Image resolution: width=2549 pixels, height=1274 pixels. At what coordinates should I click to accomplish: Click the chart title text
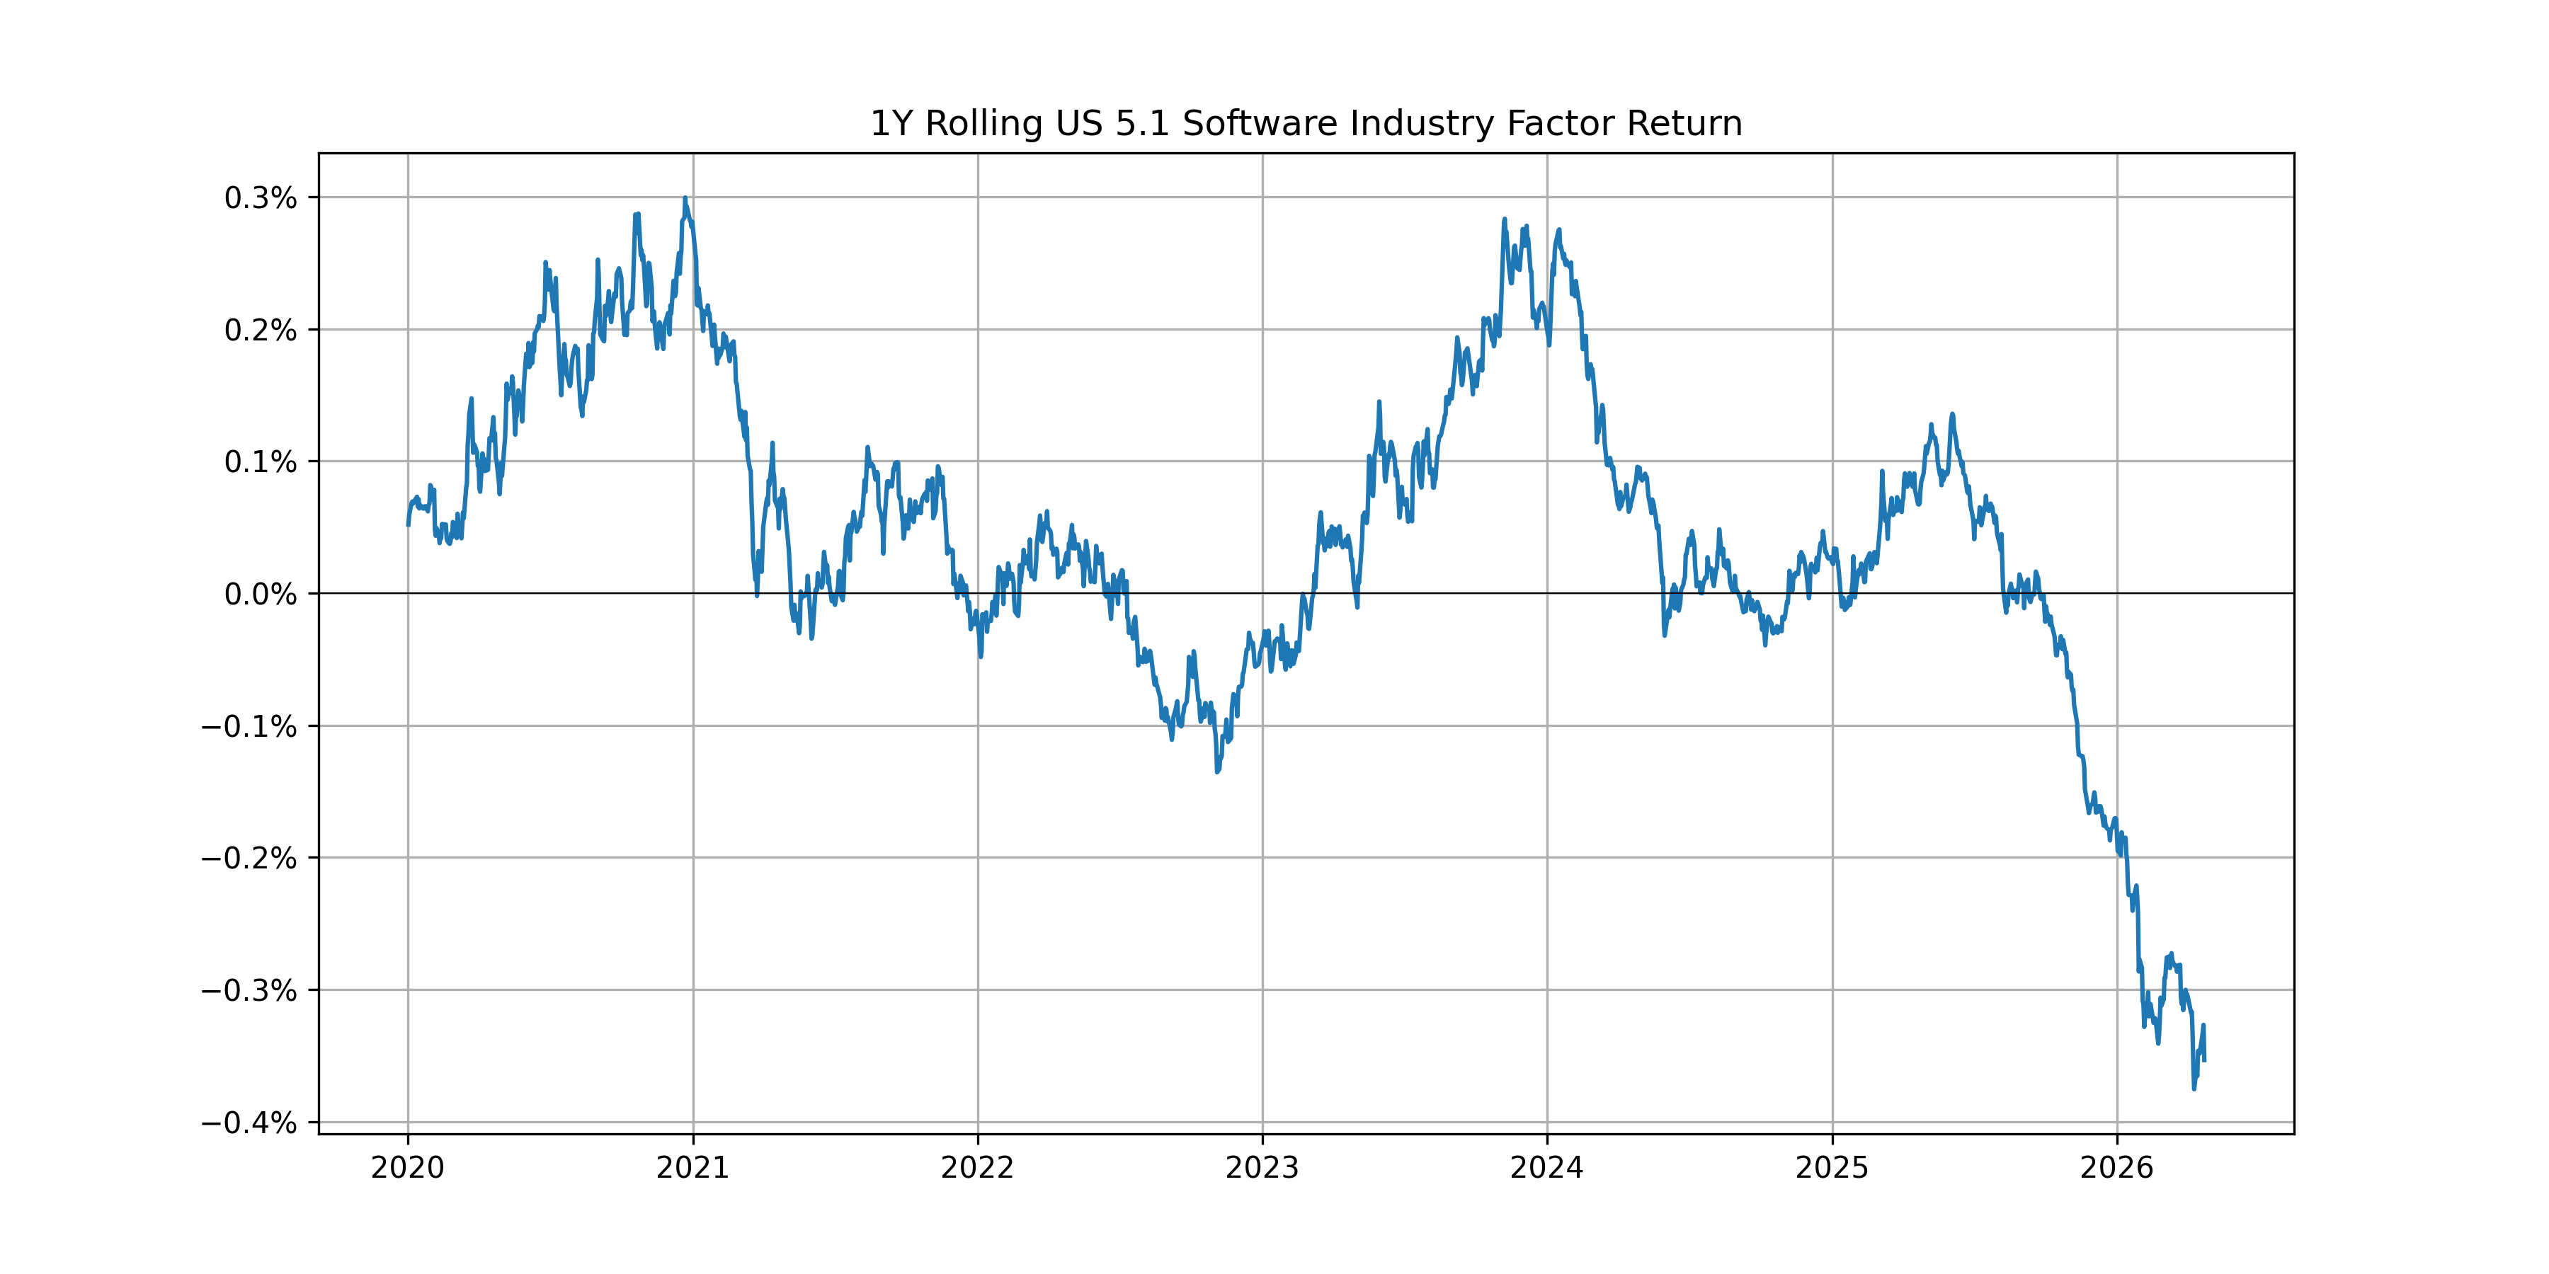pos(1305,124)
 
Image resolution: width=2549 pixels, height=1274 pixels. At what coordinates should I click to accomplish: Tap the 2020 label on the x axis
pos(408,1168)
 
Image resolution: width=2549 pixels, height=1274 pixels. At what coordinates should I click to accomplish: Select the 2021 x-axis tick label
pos(692,1168)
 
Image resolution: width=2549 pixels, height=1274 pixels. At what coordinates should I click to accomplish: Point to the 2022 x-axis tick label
pos(978,1168)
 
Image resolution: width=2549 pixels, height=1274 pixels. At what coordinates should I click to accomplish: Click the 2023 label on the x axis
pos(1262,1168)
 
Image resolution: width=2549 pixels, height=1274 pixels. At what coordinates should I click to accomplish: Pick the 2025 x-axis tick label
pos(1832,1168)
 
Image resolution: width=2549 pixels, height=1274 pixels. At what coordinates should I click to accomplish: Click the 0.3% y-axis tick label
pos(261,198)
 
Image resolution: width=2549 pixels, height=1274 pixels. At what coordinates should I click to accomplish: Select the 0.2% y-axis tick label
pos(261,331)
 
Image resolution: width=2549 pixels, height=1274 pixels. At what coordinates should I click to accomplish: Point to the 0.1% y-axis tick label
pos(261,462)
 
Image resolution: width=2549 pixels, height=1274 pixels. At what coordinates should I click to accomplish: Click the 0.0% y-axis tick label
pos(261,595)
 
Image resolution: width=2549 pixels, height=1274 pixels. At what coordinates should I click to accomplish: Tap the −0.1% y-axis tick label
pos(249,727)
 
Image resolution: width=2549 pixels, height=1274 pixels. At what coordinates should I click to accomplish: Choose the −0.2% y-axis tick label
pos(249,859)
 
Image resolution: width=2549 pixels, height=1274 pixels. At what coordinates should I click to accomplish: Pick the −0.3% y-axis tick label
pos(249,991)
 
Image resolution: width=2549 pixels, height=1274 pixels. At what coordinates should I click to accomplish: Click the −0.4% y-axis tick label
pos(249,1124)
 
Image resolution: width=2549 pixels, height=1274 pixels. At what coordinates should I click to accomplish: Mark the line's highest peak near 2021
pos(685,198)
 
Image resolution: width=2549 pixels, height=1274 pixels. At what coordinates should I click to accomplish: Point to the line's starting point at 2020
pos(409,524)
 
